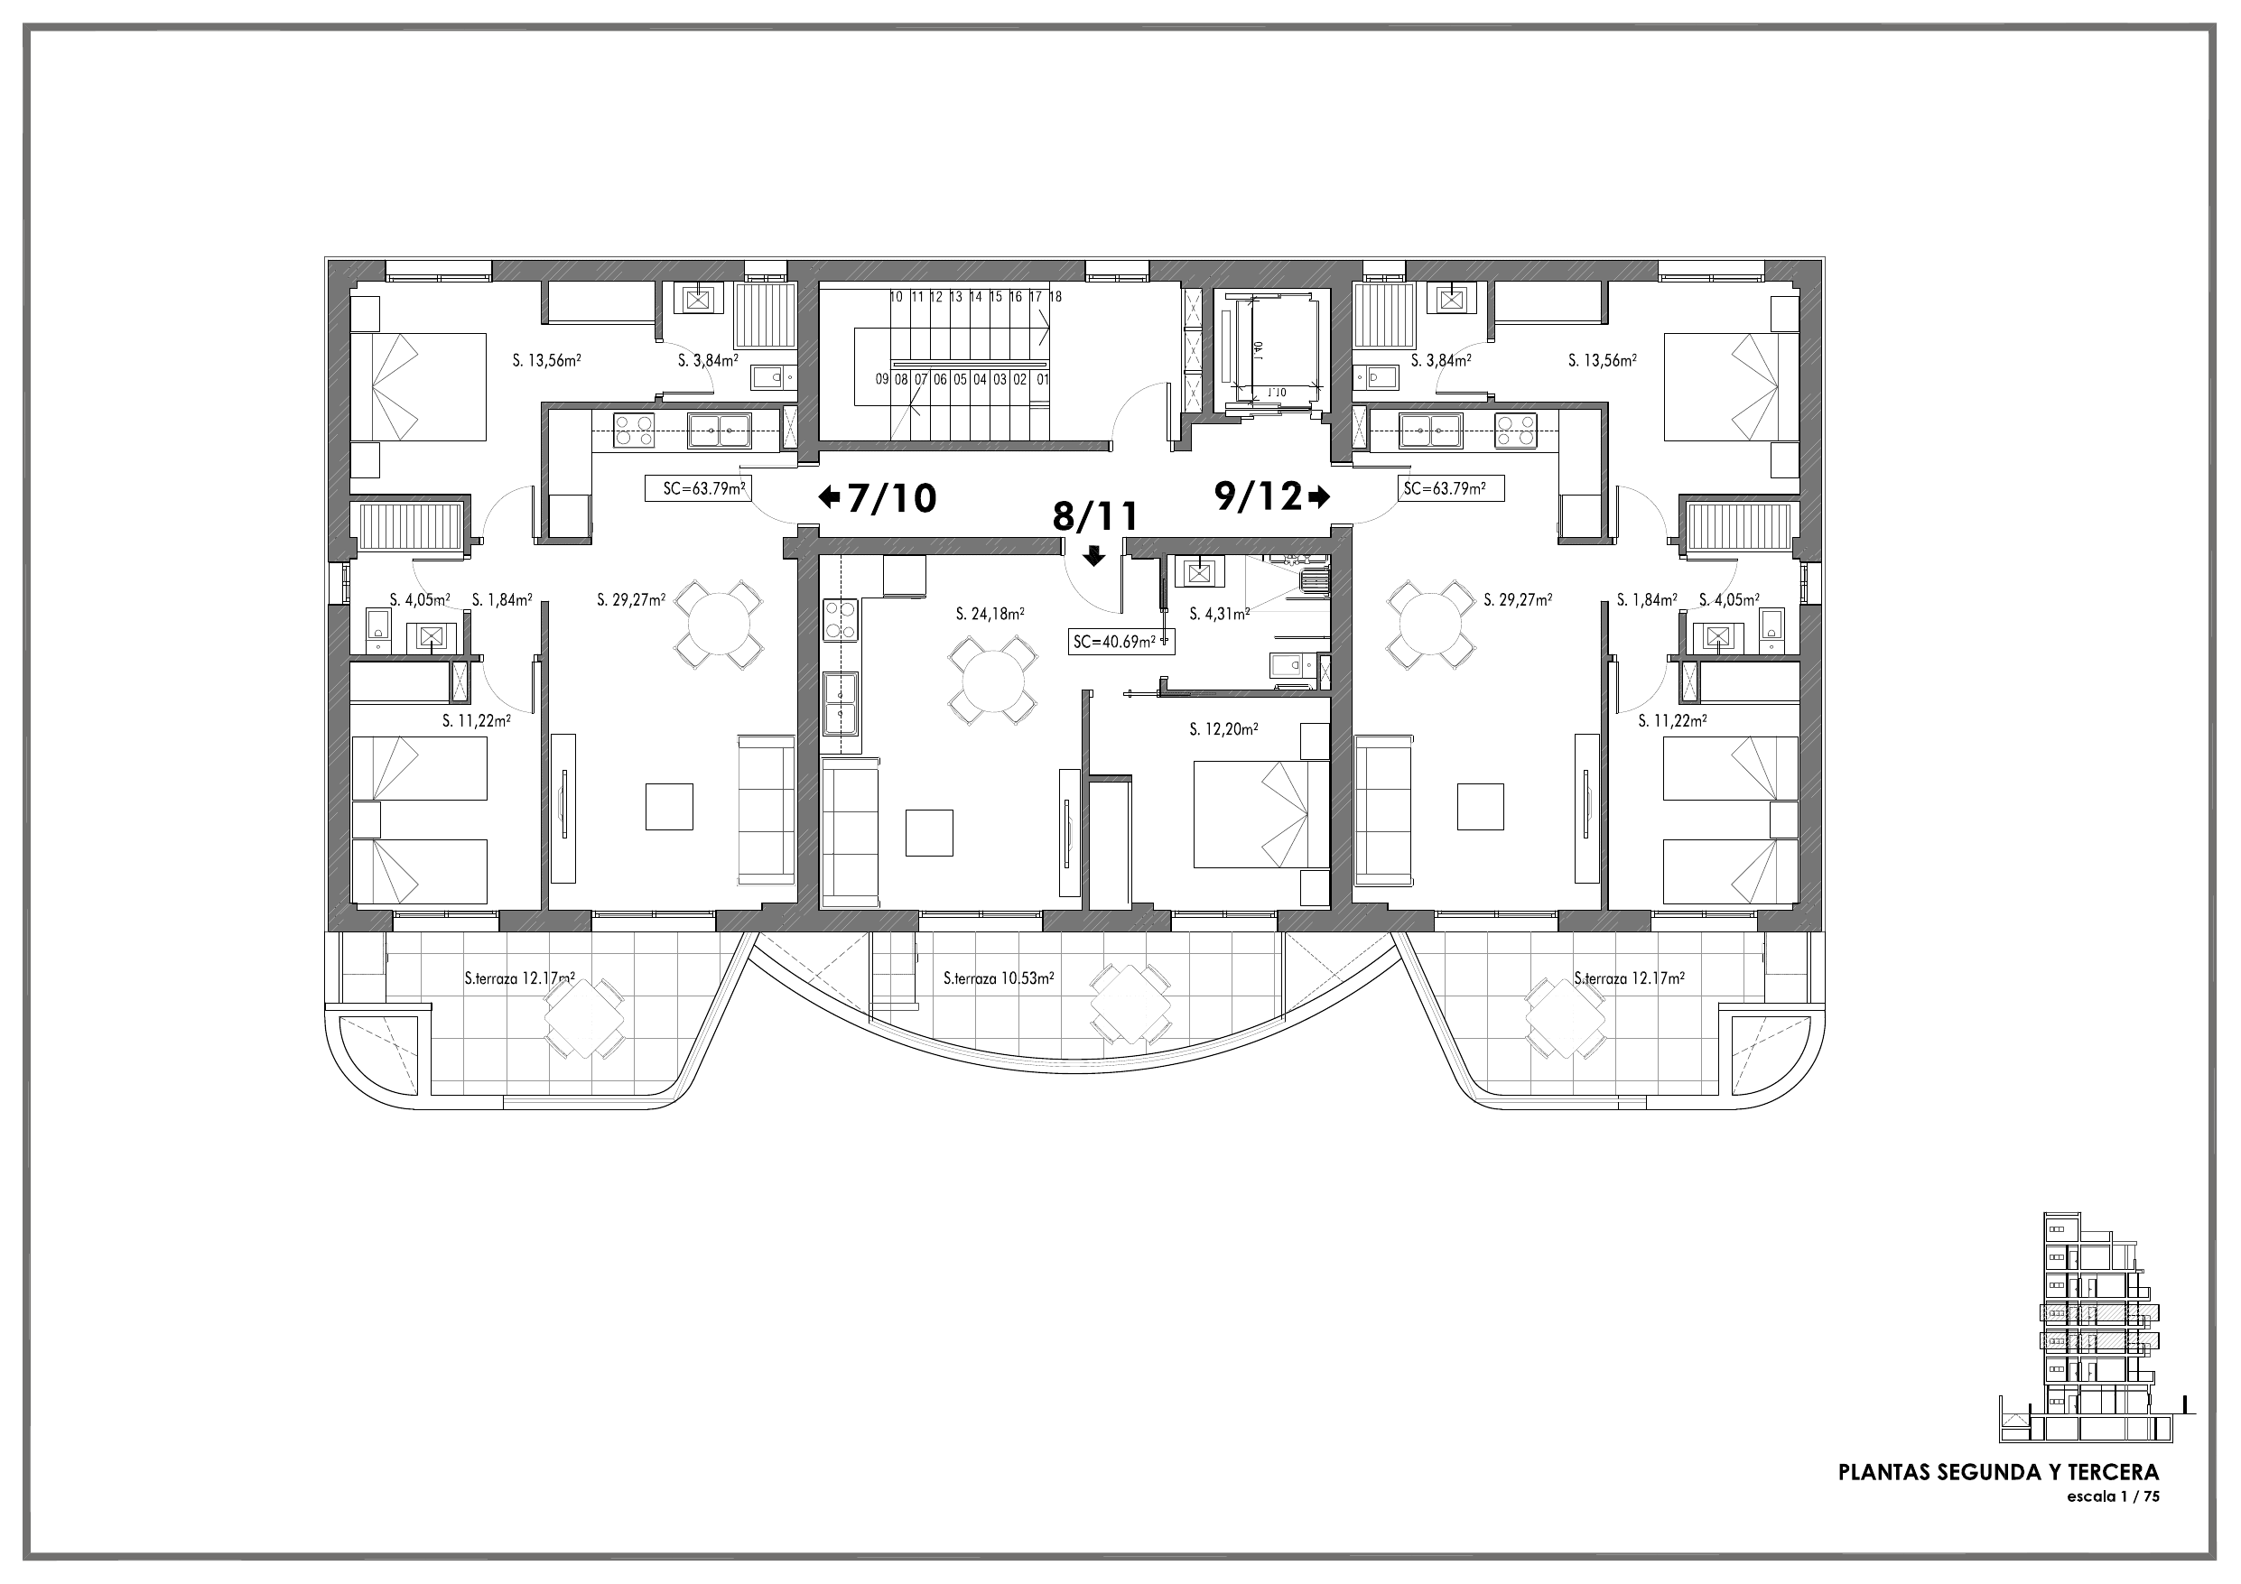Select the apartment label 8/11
(1095, 516)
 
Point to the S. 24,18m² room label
(990, 614)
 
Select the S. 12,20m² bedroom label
(1223, 729)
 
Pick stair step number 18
(1055, 297)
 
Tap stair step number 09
(882, 380)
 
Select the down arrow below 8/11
(1094, 556)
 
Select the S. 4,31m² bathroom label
(1219, 614)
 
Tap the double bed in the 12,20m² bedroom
(1261, 814)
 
